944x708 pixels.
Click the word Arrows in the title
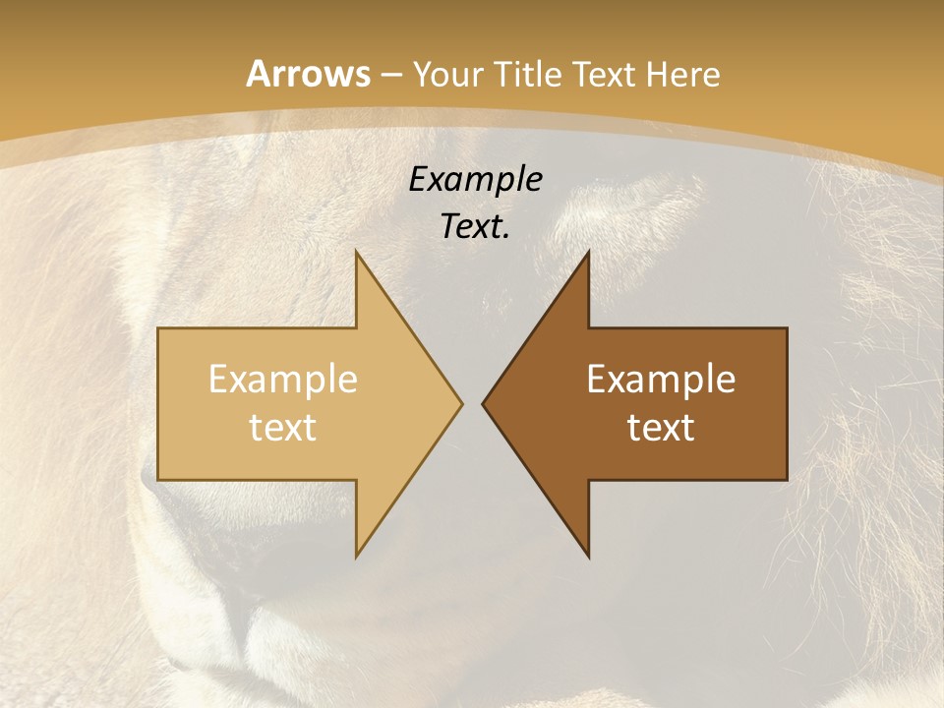click(x=308, y=74)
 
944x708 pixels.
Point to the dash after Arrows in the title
click(x=390, y=76)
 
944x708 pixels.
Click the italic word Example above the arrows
click(x=475, y=180)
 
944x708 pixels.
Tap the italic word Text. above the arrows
click(x=475, y=227)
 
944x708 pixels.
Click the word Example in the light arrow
click(x=282, y=380)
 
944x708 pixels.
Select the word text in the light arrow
click(x=282, y=428)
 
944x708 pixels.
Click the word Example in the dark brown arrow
click(x=661, y=380)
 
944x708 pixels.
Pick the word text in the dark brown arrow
click(x=661, y=428)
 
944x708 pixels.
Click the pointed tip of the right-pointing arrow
click(x=461, y=403)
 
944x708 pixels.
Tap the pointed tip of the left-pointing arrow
click(x=483, y=403)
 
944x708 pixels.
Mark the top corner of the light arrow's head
click(x=356, y=252)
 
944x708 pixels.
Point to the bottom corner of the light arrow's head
click(x=356, y=556)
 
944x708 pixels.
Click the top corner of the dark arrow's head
click(x=588, y=252)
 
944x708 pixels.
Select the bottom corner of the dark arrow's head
click(x=588, y=556)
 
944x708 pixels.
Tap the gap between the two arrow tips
click(x=472, y=403)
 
